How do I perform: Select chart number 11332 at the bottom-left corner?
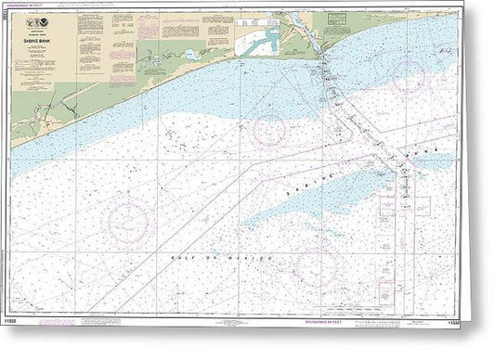[x=22, y=324]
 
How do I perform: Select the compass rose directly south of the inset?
[x=269, y=130]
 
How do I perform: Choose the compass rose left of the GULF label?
[x=128, y=223]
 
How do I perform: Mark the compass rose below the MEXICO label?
[x=316, y=267]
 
